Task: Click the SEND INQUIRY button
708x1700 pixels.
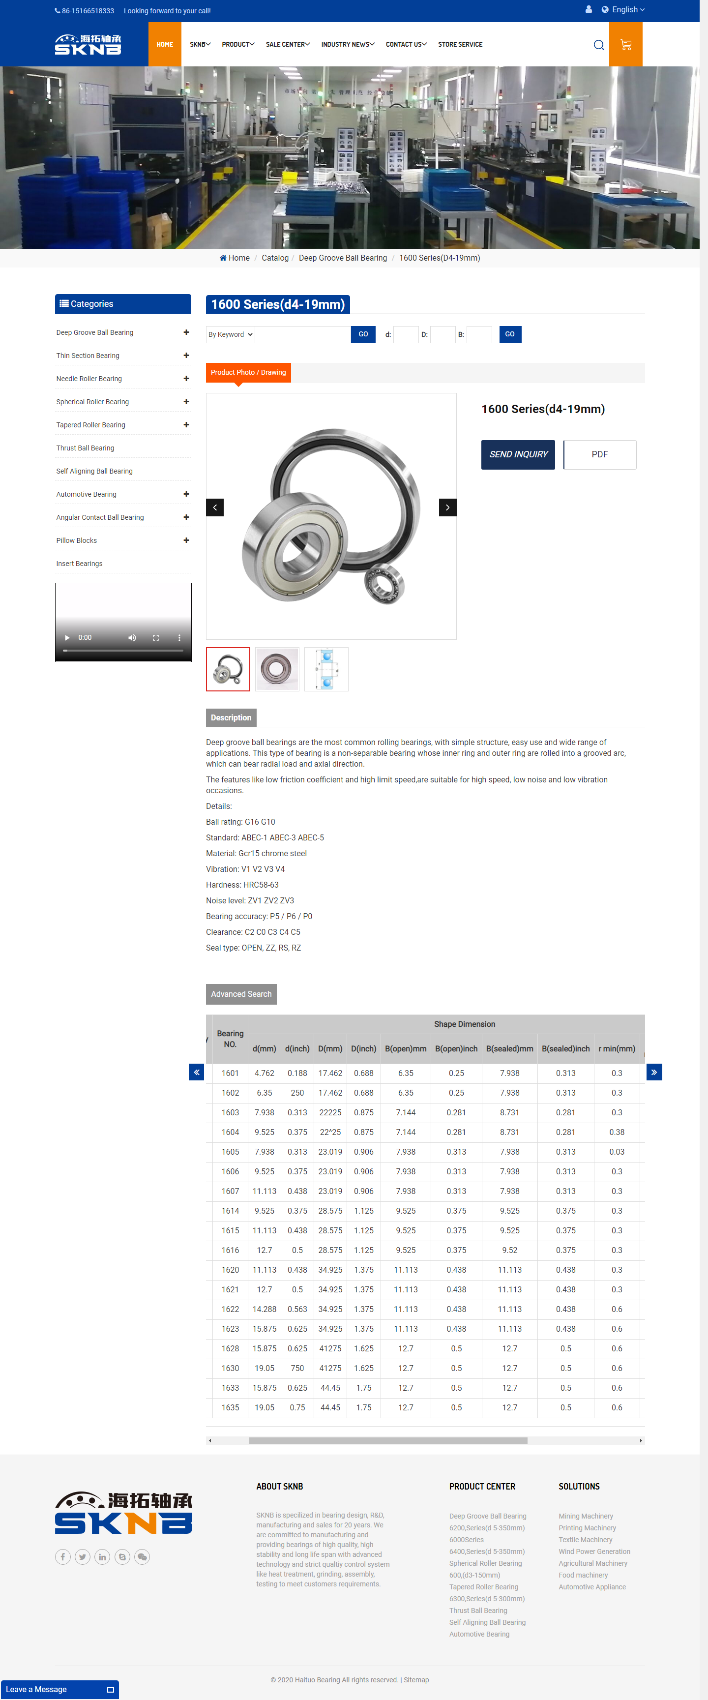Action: point(518,455)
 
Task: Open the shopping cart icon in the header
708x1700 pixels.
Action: point(625,45)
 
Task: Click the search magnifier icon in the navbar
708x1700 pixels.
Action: point(598,45)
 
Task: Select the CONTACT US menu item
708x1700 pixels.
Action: point(406,45)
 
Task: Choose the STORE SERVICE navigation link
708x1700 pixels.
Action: point(460,45)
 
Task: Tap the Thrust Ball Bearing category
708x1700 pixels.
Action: point(85,448)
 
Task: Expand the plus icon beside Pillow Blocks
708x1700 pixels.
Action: point(186,540)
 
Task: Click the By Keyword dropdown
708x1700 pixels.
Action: point(230,334)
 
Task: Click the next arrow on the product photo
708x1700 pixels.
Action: point(447,507)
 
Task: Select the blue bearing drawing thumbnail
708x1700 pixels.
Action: point(326,669)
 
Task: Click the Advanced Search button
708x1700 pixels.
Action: point(241,994)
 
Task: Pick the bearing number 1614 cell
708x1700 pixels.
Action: point(230,1211)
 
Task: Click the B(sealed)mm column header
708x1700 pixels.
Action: point(509,1048)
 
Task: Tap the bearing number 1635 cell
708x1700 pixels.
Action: point(230,1407)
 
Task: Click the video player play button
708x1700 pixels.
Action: point(67,637)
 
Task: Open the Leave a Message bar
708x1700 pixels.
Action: point(59,1690)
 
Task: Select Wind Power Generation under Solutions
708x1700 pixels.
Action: point(594,1551)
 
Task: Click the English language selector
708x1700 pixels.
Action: point(623,10)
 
